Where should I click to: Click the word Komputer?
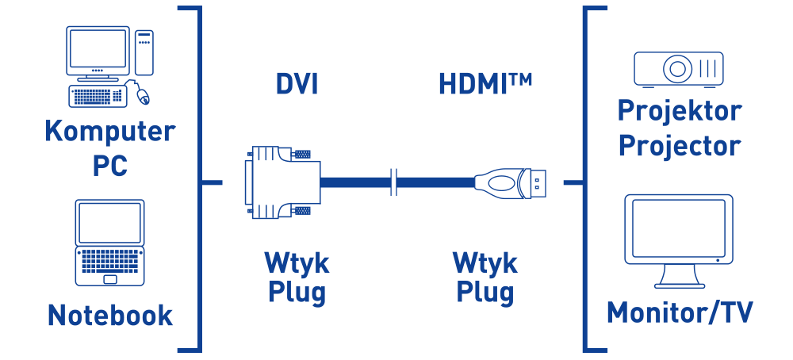(x=109, y=131)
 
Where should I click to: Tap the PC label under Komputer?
(x=109, y=166)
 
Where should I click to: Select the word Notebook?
(x=109, y=315)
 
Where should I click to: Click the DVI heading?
(x=297, y=84)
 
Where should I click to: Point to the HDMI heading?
(x=485, y=84)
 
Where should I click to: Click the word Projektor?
(x=679, y=110)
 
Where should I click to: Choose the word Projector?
(x=679, y=146)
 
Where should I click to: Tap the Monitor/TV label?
(x=679, y=312)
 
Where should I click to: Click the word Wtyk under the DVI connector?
(x=297, y=262)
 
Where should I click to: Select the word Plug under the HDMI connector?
(x=485, y=292)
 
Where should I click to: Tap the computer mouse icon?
(x=142, y=95)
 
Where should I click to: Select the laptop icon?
(x=109, y=242)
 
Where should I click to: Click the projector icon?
(x=678, y=67)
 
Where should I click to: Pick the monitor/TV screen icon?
(x=678, y=238)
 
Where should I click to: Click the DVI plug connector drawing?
(x=282, y=182)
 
